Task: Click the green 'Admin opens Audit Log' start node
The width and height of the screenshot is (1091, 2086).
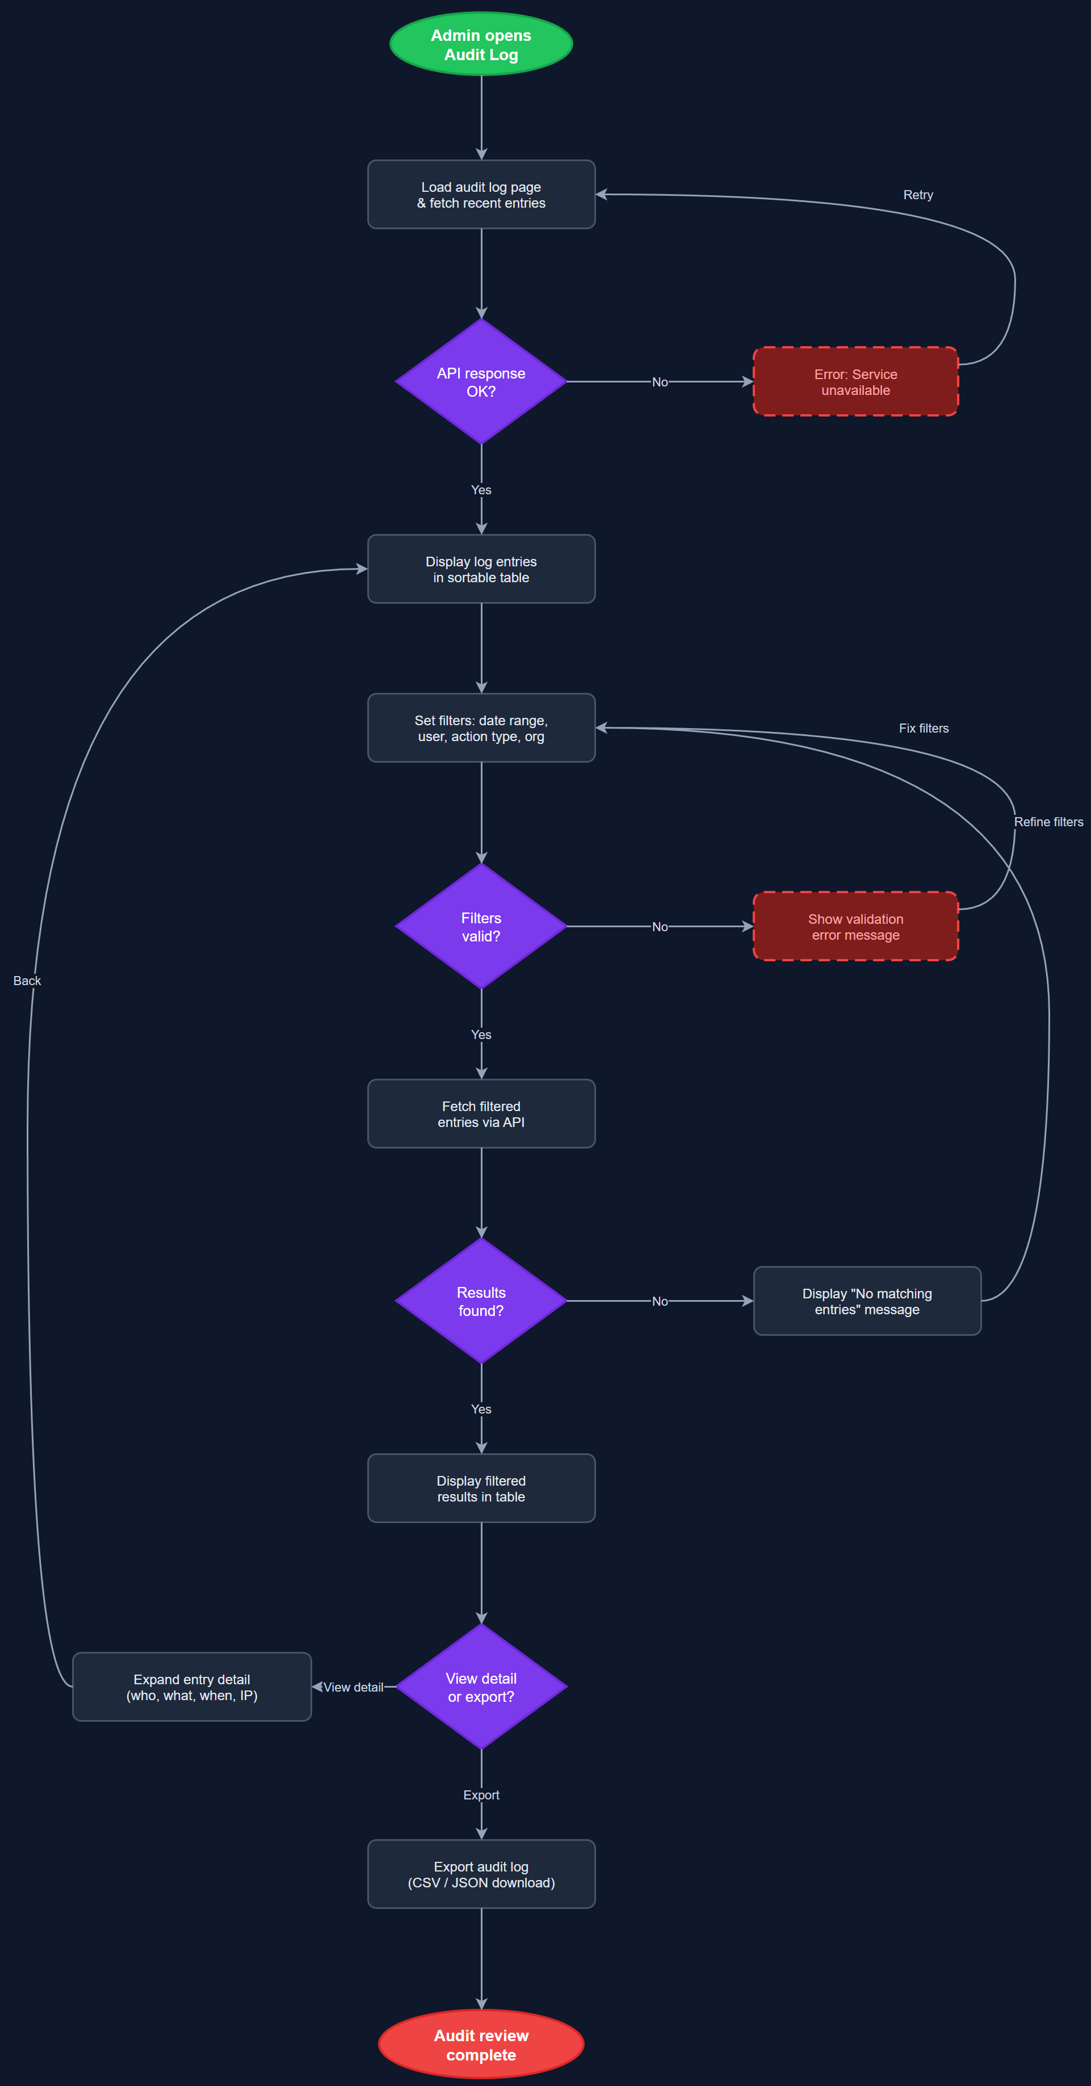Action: pyautogui.click(x=481, y=44)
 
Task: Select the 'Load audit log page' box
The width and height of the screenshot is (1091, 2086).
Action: pyautogui.click(x=481, y=194)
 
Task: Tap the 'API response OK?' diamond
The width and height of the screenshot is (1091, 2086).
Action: pyautogui.click(x=481, y=381)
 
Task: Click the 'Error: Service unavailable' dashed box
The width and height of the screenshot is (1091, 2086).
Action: pyautogui.click(x=855, y=381)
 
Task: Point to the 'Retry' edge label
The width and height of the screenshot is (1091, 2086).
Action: pyautogui.click(x=918, y=195)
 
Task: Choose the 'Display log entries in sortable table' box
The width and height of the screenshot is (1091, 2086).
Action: pyautogui.click(x=481, y=569)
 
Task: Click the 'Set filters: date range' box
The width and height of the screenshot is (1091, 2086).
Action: pyautogui.click(x=481, y=728)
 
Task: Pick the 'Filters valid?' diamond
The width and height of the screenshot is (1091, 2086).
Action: pyautogui.click(x=481, y=927)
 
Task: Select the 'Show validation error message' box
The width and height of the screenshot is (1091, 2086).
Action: pyautogui.click(x=855, y=927)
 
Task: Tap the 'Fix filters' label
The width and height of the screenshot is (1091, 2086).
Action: pyautogui.click(x=924, y=729)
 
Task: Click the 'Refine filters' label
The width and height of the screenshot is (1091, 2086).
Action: pyautogui.click(x=1048, y=822)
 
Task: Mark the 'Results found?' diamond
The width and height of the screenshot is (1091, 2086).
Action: pyautogui.click(x=481, y=1301)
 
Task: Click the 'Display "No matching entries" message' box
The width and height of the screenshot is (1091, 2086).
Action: pyautogui.click(x=867, y=1301)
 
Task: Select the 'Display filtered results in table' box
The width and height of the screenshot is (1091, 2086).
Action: pyautogui.click(x=481, y=1488)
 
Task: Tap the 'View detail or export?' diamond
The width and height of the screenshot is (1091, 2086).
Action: pyautogui.click(x=481, y=1687)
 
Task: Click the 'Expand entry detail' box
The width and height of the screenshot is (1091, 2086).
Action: pyautogui.click(x=192, y=1687)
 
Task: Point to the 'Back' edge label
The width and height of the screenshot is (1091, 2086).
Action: pyautogui.click(x=27, y=981)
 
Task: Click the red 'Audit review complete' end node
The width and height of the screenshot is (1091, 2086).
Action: pyautogui.click(x=481, y=2045)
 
